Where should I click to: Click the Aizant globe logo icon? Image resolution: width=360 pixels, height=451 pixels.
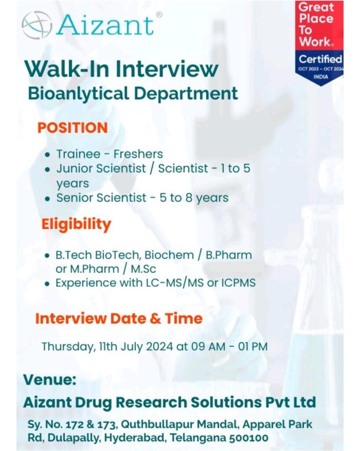pos(37,25)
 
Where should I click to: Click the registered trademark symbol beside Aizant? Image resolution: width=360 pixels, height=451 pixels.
pos(159,15)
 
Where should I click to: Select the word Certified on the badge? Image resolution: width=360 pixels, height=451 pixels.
pos(320,59)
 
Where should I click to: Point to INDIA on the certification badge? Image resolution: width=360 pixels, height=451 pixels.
pos(321,77)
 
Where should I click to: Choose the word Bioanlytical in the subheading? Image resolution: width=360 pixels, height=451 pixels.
pos(78,94)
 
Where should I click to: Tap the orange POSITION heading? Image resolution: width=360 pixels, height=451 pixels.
pos(73,128)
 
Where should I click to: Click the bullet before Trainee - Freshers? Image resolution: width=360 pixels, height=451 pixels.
pos(48,155)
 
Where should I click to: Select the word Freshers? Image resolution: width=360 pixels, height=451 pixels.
pos(138,154)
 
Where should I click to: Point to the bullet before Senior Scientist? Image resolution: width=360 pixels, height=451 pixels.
pos(48,199)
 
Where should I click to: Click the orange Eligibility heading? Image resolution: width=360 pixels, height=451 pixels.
pos(76,225)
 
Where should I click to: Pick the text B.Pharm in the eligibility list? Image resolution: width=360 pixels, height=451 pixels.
pos(229,255)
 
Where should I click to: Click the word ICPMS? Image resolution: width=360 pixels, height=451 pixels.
pos(238,283)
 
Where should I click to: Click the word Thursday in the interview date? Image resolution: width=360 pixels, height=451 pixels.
pos(68,347)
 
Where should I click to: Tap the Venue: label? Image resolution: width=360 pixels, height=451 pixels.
pos(50,380)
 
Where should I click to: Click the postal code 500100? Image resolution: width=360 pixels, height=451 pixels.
pos(249,438)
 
